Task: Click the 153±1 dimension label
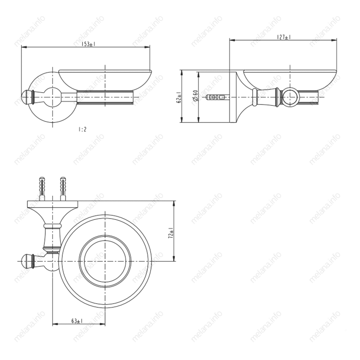point(88,44)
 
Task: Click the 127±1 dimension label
point(284,37)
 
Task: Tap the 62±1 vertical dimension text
point(179,97)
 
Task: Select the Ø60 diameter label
point(195,96)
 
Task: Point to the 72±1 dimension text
point(171,233)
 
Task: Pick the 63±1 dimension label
point(77,321)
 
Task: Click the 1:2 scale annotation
point(82,130)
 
